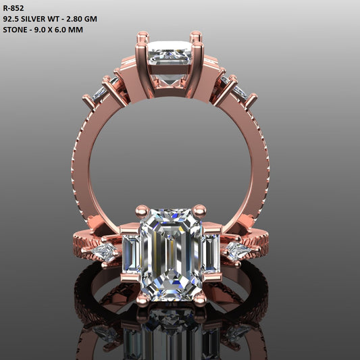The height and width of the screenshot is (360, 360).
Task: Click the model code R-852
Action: tap(14, 8)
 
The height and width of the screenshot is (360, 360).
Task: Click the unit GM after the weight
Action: tap(91, 19)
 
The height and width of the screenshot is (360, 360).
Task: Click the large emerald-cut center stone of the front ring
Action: tap(172, 253)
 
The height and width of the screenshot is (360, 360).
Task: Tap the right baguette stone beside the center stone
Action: tap(211, 253)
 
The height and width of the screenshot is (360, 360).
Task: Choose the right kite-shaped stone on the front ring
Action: tap(238, 252)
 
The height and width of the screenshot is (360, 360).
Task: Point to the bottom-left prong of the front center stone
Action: tap(143, 298)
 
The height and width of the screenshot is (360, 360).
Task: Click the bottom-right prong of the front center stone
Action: tap(200, 298)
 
